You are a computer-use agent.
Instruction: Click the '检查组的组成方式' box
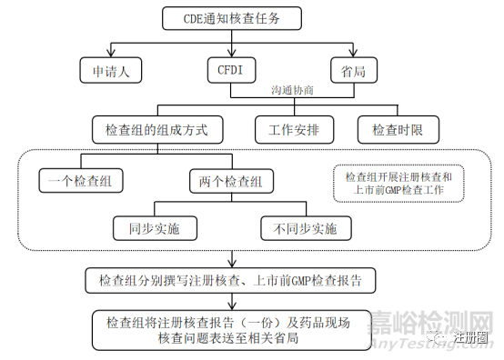coord(157,129)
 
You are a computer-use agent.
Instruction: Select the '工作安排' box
coord(294,129)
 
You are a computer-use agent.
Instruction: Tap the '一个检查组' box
coord(81,181)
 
